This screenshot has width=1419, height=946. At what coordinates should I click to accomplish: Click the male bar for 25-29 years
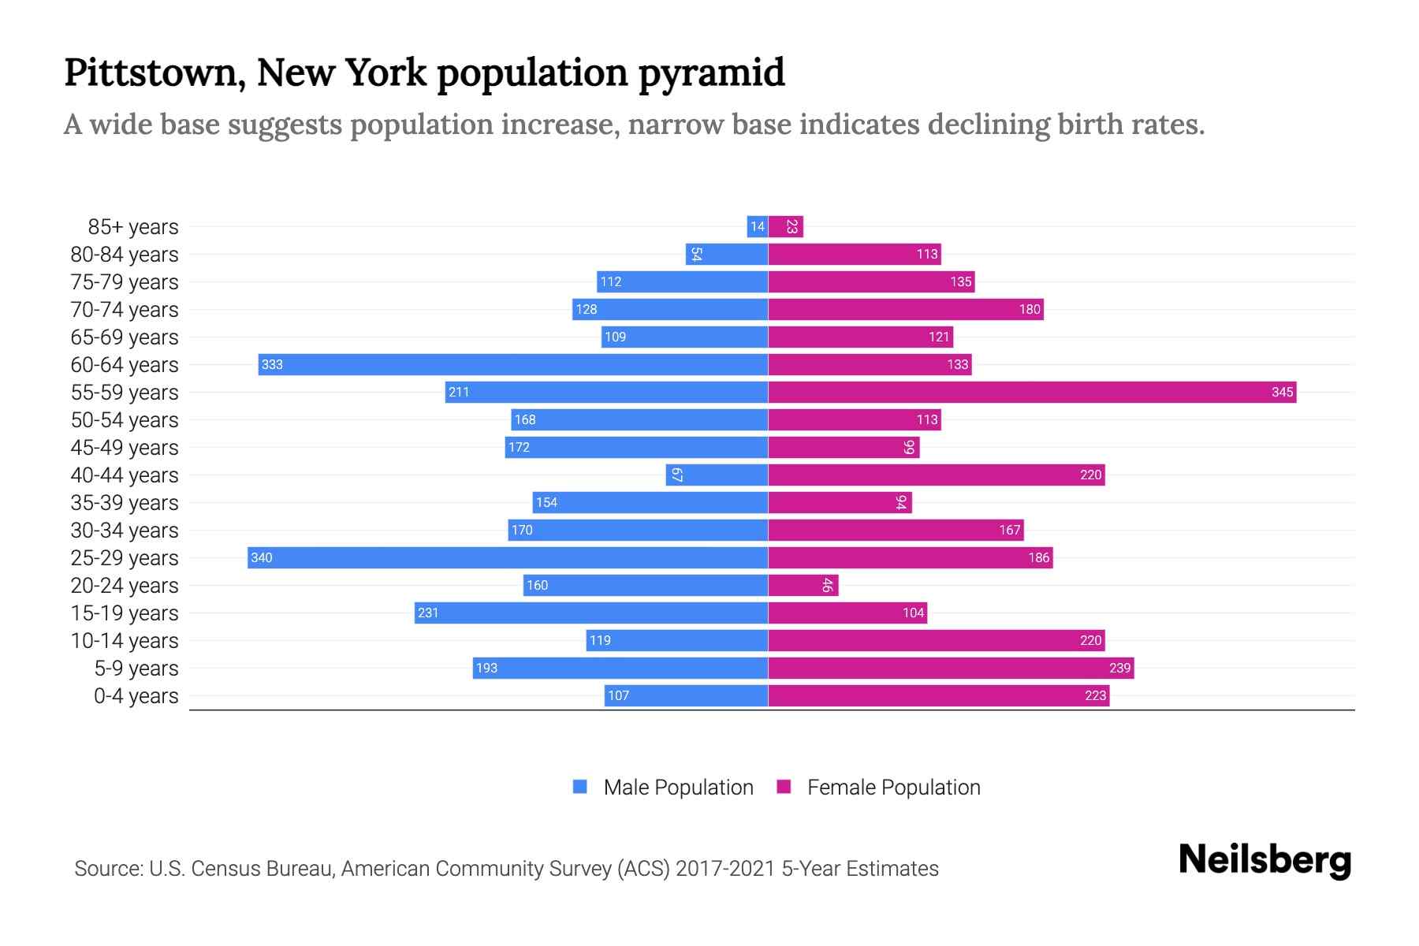click(508, 557)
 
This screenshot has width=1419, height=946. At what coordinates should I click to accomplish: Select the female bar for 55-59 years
click(1032, 392)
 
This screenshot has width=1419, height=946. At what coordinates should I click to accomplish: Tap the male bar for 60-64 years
click(513, 364)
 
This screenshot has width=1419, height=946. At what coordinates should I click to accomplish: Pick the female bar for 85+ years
click(786, 227)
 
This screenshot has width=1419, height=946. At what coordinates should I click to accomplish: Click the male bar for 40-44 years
click(717, 475)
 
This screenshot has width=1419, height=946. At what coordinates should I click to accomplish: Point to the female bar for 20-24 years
click(803, 585)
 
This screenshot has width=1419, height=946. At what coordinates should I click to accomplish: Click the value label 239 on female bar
click(1119, 668)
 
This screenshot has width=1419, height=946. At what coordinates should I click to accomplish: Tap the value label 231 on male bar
click(428, 613)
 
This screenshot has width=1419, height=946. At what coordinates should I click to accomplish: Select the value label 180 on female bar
click(1030, 309)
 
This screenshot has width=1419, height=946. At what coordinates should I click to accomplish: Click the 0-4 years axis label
click(136, 696)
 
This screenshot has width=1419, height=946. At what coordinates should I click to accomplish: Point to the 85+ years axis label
click(133, 227)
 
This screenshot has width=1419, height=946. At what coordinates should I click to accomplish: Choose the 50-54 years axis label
click(125, 420)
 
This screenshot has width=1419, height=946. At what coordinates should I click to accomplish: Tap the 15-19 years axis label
click(125, 613)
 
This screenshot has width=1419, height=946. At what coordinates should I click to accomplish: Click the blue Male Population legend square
click(580, 787)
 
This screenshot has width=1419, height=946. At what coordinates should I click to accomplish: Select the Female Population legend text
click(893, 788)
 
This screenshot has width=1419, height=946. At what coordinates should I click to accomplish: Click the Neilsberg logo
click(1264, 860)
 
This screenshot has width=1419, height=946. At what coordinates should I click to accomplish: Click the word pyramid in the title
click(711, 73)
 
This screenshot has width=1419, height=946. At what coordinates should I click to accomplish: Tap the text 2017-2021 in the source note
click(724, 869)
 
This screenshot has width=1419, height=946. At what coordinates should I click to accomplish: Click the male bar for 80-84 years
click(727, 254)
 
